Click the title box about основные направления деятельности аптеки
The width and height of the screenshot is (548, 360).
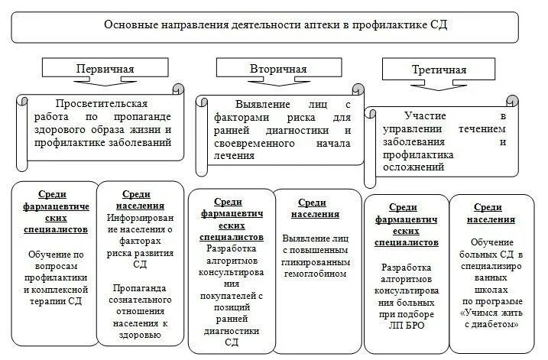(275, 24)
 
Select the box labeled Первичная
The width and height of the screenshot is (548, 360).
(104, 70)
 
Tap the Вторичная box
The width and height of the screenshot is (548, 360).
(277, 70)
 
